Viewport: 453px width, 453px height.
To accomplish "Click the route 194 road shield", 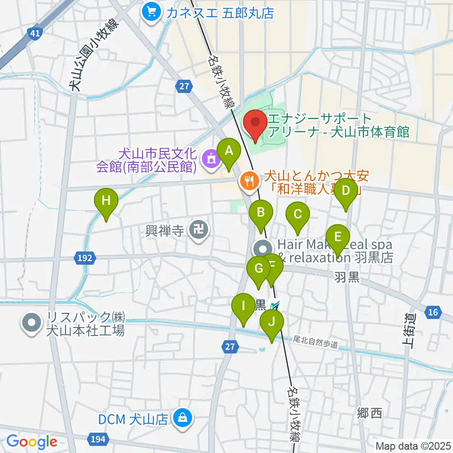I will coord(97,439).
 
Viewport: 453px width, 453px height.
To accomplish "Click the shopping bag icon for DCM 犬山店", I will coord(181,417).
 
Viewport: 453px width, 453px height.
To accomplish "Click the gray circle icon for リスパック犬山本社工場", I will coord(32,324).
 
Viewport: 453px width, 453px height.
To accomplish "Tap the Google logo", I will coord(32,442).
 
